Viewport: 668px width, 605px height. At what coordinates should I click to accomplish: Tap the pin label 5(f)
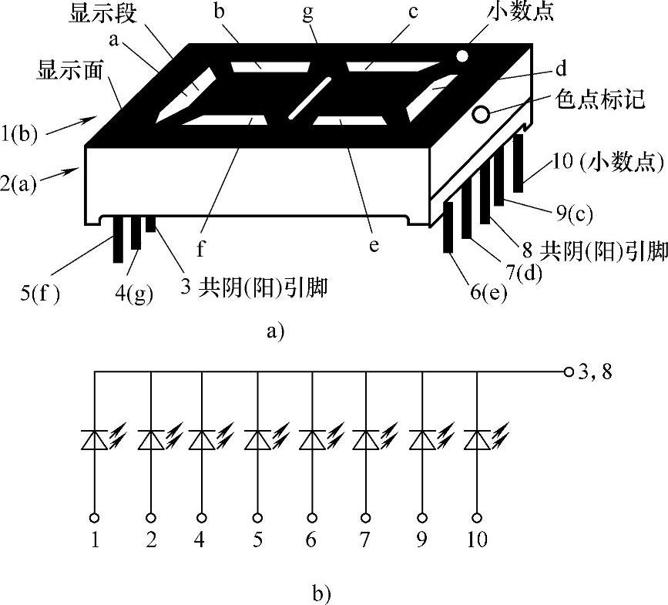(41, 292)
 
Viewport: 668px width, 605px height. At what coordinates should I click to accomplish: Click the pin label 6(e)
(488, 293)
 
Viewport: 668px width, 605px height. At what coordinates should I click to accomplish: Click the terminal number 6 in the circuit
(311, 539)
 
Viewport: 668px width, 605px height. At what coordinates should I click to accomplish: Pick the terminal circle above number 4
(201, 517)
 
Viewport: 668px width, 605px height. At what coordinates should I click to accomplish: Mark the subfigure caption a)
(275, 332)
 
